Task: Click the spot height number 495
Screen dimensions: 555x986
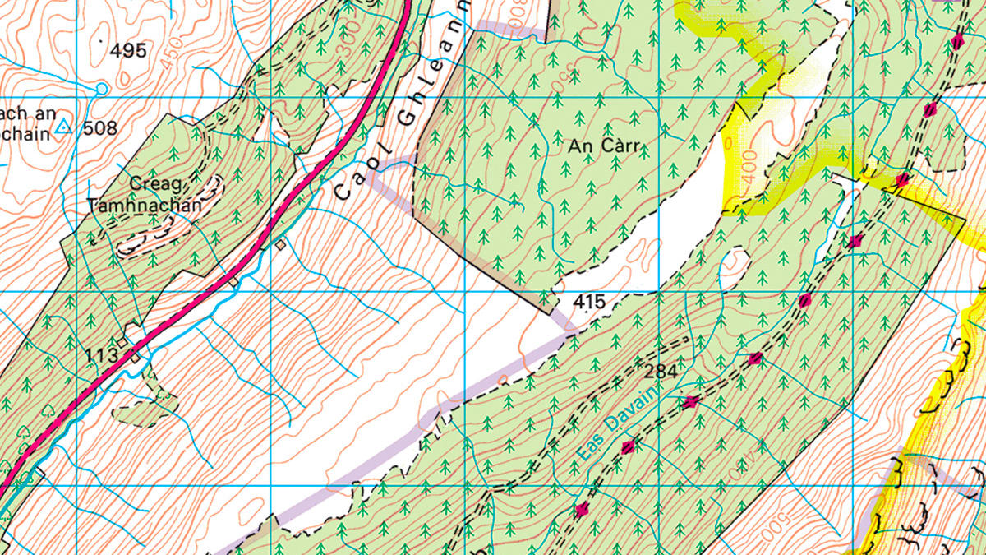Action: [129, 51]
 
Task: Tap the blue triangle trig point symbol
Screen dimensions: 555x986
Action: [65, 127]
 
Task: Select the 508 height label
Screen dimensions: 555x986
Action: [100, 128]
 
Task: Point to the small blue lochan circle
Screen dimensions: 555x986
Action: [101, 88]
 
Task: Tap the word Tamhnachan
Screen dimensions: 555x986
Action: [144, 206]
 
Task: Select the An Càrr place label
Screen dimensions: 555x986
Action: [603, 147]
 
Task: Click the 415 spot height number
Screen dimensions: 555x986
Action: [589, 303]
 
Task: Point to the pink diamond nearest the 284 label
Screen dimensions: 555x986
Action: [690, 401]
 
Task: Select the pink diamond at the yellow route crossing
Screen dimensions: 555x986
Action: [902, 179]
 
